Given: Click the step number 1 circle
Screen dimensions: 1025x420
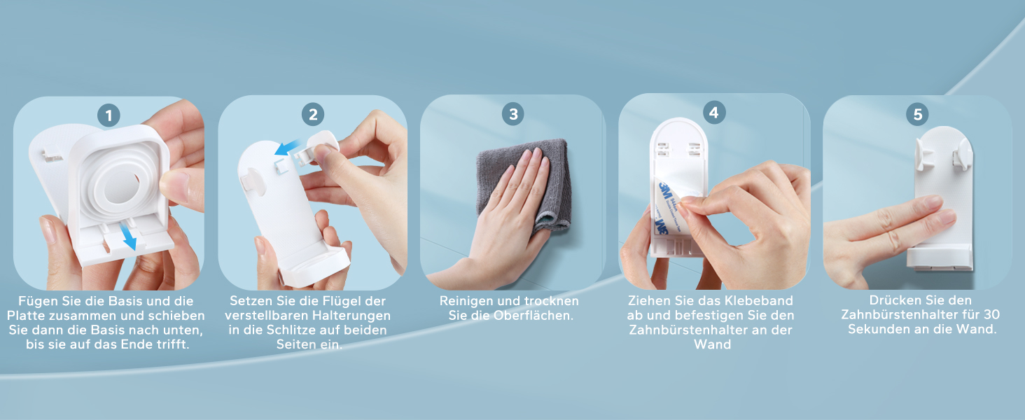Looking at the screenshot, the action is [x=109, y=115].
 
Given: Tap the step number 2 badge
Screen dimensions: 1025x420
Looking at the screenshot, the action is [x=313, y=114].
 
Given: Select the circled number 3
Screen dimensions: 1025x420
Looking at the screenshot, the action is [x=513, y=114].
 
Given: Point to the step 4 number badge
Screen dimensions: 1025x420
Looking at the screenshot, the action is [x=714, y=113].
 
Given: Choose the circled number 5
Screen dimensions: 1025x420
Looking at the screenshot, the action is [x=917, y=114].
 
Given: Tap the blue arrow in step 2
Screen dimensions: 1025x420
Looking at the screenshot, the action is [x=287, y=147].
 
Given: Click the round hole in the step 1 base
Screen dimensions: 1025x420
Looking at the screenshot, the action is [x=123, y=187].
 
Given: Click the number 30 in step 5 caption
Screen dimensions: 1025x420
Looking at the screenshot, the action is [x=991, y=315].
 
